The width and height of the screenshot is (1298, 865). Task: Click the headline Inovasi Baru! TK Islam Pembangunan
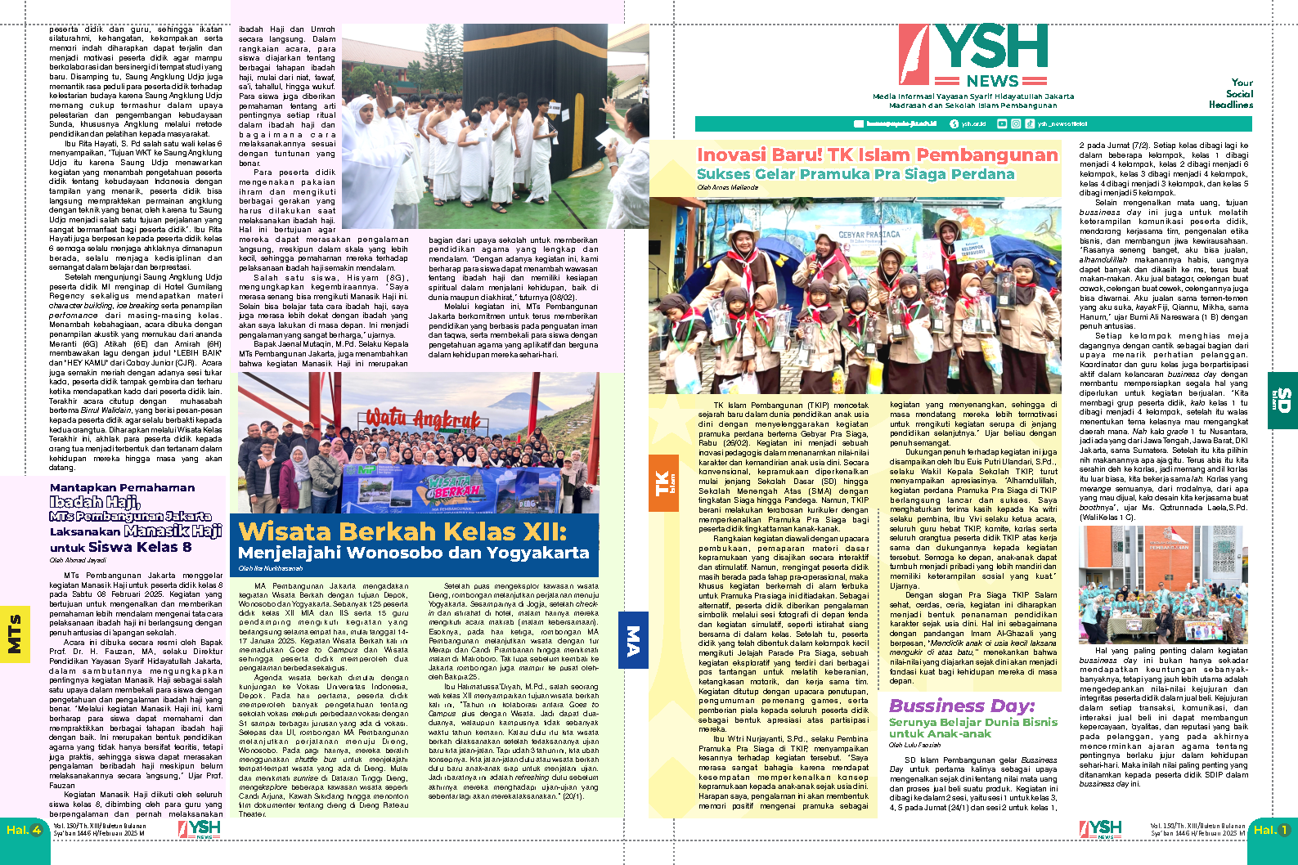coord(877,155)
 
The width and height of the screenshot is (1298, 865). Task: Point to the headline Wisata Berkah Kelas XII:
coord(402,531)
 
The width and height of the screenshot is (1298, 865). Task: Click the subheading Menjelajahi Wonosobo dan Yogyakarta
coord(413,553)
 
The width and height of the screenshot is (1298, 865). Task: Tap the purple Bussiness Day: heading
coord(961,706)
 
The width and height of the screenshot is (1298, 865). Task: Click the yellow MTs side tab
coord(14,634)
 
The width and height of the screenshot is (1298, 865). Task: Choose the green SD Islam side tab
coord(1282,400)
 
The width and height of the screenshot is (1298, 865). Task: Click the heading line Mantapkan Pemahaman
coord(122,487)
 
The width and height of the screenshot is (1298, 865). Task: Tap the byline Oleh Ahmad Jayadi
coord(78,561)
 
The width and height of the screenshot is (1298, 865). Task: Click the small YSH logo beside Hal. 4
coord(200,829)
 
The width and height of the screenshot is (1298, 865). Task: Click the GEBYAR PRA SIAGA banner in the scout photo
coord(869,235)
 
